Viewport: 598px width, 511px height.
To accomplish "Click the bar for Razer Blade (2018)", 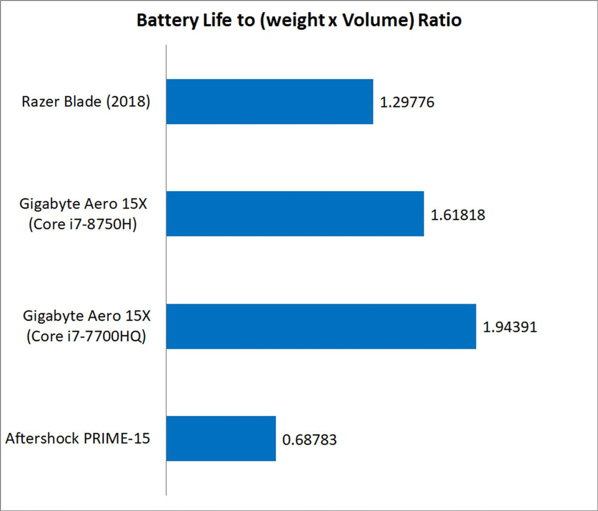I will tap(269, 102).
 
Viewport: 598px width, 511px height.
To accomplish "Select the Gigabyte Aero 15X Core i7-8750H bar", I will tap(295, 214).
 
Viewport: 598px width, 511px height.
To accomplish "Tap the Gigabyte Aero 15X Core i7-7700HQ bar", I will tap(321, 326).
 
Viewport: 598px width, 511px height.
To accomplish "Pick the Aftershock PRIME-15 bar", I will tap(221, 438).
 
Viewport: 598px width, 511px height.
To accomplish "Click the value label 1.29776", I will tap(407, 102).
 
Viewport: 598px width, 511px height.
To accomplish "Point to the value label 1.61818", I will tap(458, 215).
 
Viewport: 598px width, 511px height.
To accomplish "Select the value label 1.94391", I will tap(510, 327).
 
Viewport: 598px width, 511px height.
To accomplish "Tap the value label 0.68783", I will tap(309, 439).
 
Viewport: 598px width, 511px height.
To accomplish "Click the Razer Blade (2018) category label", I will tap(86, 102).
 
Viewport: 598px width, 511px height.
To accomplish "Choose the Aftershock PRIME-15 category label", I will tap(78, 438).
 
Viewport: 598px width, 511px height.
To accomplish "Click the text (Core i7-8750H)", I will tap(83, 224).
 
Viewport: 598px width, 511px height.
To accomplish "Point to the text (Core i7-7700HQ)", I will tap(86, 336).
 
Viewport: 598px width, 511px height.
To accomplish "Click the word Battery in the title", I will tap(167, 21).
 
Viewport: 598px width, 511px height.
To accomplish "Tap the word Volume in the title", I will tap(378, 21).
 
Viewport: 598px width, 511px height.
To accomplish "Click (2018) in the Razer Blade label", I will tap(128, 102).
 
